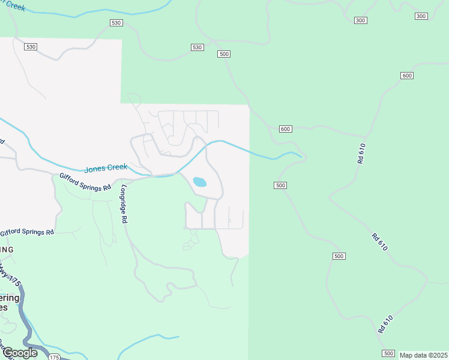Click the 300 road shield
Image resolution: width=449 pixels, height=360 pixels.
[x=360, y=20]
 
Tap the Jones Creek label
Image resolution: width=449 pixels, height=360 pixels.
[x=106, y=168]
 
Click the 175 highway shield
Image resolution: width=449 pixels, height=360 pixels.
[x=54, y=356]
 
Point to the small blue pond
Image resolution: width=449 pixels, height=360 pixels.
[x=199, y=182]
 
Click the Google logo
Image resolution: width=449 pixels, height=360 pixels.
[x=19, y=353]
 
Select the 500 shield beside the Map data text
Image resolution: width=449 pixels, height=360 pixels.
[x=388, y=353]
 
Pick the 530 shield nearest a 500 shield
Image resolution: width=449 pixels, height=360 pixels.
[x=197, y=47]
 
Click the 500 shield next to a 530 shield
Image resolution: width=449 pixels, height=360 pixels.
[x=224, y=54]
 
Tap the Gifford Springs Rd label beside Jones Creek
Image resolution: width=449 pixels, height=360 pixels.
[x=85, y=181]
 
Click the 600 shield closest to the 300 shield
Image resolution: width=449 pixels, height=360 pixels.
[x=407, y=76]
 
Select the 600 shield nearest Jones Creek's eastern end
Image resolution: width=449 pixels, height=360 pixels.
[x=285, y=129]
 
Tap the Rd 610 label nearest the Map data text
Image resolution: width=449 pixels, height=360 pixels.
[x=386, y=325]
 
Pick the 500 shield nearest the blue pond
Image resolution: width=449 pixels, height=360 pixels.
[x=280, y=185]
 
